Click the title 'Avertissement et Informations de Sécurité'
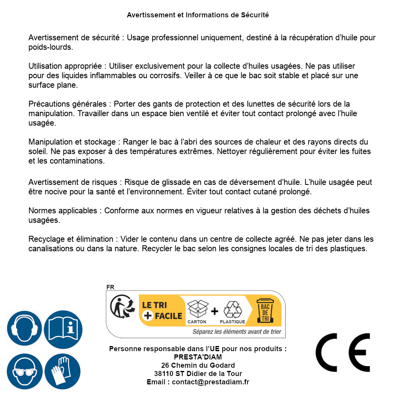coord(198,15)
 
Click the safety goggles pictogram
coord(24,371)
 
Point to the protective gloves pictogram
coord(63,371)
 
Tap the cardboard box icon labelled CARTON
coord(197,310)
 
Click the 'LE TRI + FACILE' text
coord(162,310)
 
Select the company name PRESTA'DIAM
coord(198,357)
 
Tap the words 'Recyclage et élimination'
coord(71,239)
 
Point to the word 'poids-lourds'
coord(51,47)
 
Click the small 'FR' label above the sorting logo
coord(110,287)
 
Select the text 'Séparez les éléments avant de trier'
coord(237,332)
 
